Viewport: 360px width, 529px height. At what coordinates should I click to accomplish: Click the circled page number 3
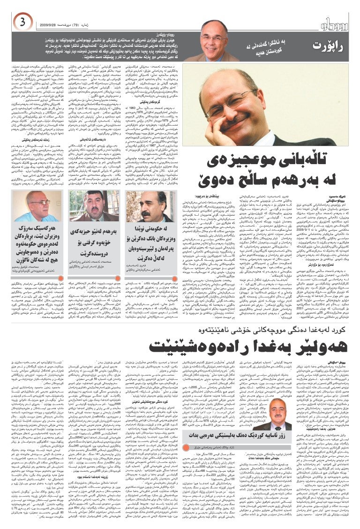click(22, 22)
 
